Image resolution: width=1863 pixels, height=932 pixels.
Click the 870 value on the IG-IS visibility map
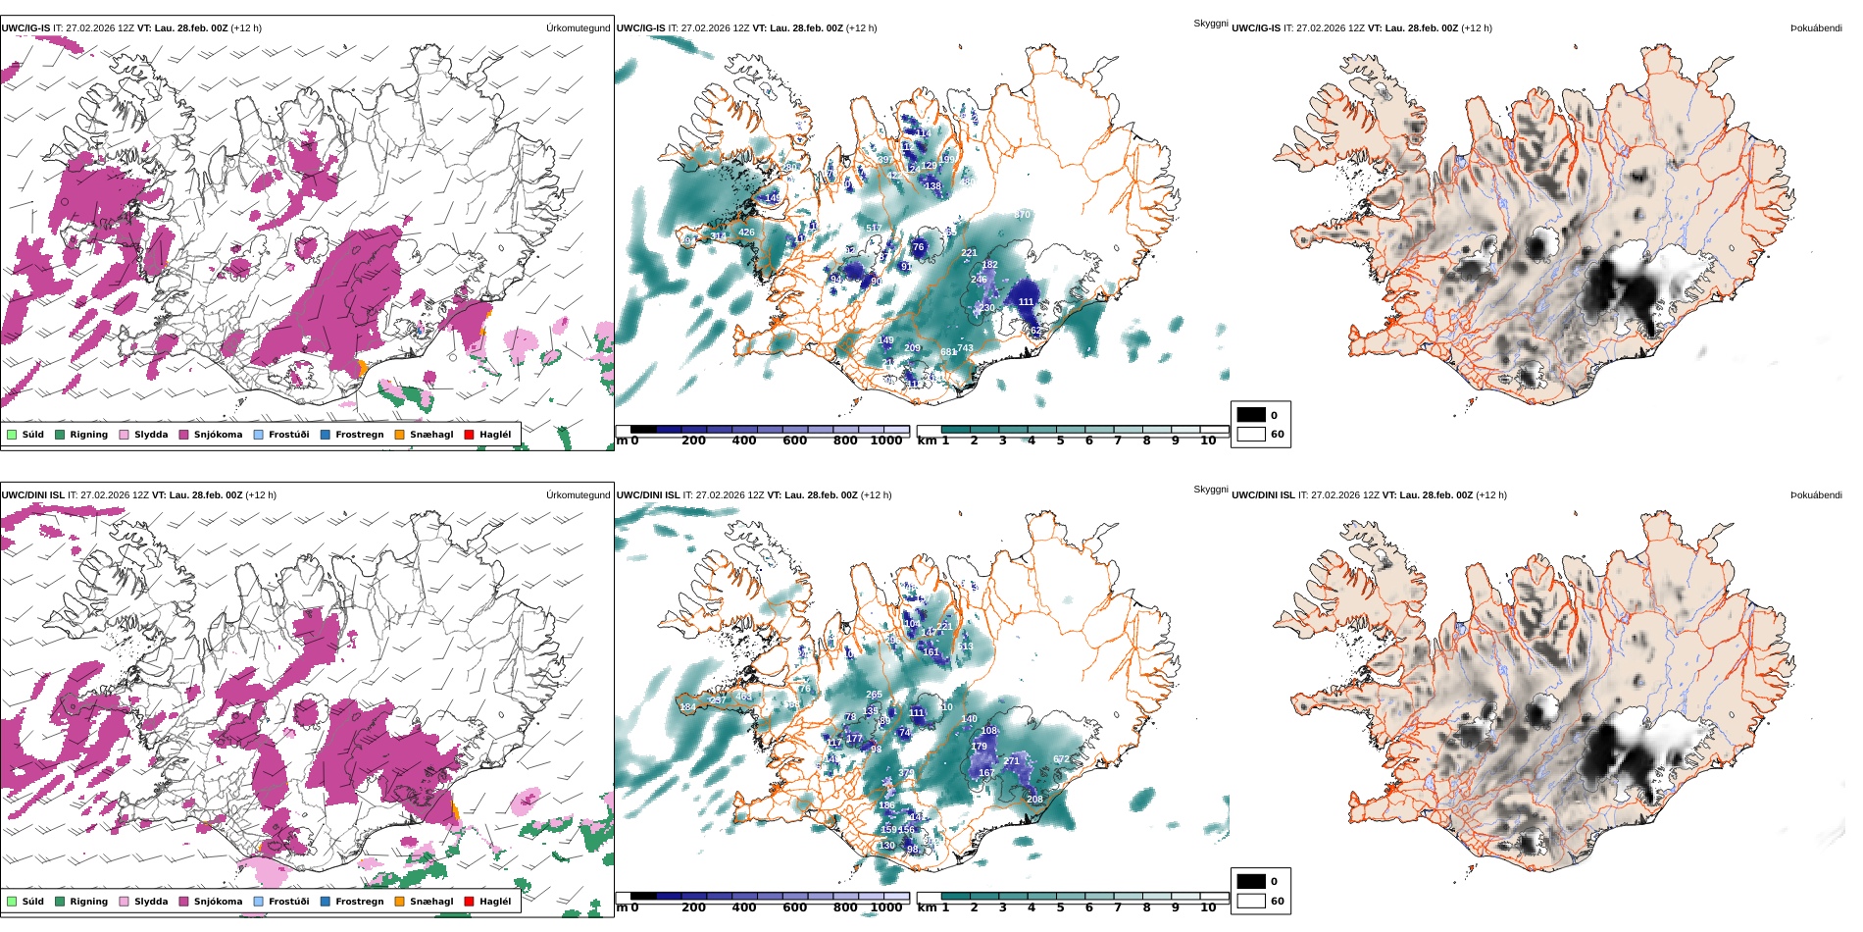(x=1022, y=215)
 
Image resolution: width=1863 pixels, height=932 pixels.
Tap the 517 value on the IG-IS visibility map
(x=874, y=229)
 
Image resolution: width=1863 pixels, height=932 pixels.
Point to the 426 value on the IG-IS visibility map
(x=746, y=233)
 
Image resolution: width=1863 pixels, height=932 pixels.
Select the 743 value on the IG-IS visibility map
(x=966, y=348)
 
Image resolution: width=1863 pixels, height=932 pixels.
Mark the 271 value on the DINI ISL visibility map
(x=1011, y=761)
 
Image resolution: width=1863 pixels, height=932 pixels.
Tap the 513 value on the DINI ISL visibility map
(x=966, y=647)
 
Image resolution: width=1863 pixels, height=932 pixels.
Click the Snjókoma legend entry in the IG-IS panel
(x=217, y=435)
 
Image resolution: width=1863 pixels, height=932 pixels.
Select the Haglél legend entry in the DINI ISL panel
(x=494, y=902)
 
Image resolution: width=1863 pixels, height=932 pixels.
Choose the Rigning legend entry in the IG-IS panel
(x=88, y=435)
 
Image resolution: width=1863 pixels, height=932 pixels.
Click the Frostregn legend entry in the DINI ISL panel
(x=359, y=902)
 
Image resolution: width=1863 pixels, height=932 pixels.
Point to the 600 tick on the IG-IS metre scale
(x=794, y=440)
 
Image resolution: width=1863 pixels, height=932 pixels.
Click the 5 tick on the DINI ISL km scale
(x=1060, y=907)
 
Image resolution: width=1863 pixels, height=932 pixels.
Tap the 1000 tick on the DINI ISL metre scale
(x=885, y=907)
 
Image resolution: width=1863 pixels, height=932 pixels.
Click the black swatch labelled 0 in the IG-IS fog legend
(x=1251, y=415)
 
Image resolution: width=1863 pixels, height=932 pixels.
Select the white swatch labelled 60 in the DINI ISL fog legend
(x=1251, y=901)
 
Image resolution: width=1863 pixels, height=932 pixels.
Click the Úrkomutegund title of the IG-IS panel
(x=578, y=28)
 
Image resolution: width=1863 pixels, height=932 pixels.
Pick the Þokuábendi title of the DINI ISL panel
(x=1815, y=495)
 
